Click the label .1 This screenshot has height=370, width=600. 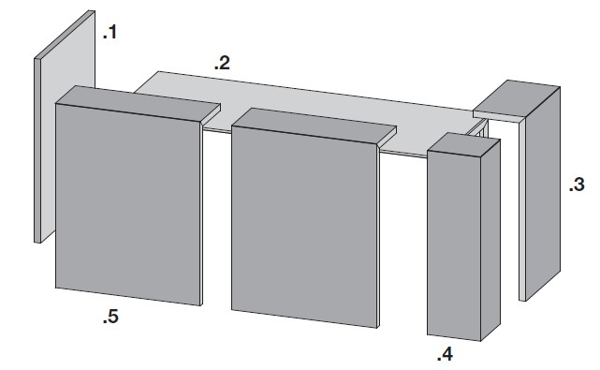[x=110, y=34]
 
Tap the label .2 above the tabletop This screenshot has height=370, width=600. [x=221, y=64]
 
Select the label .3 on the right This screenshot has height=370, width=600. [x=576, y=185]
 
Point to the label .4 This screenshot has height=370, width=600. [x=445, y=354]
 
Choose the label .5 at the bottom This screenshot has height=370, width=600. [x=110, y=318]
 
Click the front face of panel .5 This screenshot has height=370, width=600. [x=127, y=201]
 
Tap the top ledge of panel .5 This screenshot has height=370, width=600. [x=140, y=99]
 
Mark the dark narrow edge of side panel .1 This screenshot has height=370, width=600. [x=37, y=150]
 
